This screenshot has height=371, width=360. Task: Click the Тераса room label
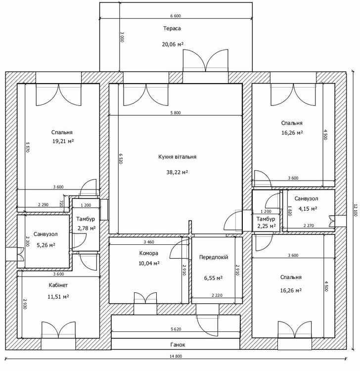point(172,28)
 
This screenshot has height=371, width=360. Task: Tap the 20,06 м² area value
point(173,44)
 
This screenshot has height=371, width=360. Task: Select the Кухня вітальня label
point(177,157)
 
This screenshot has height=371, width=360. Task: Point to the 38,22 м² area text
point(177,172)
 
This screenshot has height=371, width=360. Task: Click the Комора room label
point(148,253)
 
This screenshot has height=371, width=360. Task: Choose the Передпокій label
point(214,257)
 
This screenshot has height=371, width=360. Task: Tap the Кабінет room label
point(58,285)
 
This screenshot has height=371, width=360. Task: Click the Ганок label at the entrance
point(178,345)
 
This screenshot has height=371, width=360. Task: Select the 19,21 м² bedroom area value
point(63,141)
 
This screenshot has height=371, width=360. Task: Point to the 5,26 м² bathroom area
point(46,245)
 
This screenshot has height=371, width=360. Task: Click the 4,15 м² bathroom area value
point(308,209)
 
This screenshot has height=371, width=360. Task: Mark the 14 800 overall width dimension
point(176,356)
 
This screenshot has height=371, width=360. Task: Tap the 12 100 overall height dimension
point(356,210)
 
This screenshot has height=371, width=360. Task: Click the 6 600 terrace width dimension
point(176,16)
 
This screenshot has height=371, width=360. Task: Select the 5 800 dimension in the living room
point(175,113)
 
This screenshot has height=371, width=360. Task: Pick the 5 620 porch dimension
point(176,329)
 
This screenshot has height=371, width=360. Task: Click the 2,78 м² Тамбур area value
point(87,228)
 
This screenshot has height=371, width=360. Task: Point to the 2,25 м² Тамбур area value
point(267,226)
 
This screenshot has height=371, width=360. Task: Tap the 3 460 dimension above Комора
point(149,242)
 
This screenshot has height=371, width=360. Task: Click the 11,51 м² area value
point(58,296)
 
